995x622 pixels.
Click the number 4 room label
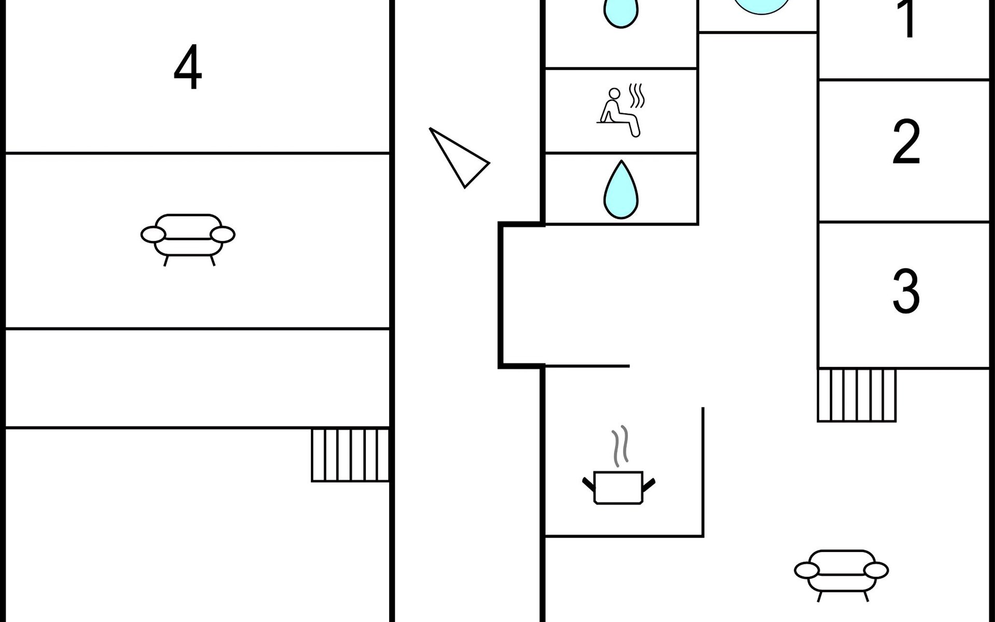click(188, 67)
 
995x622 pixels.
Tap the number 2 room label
click(906, 142)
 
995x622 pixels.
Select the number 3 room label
click(906, 291)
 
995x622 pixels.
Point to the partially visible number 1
click(907, 18)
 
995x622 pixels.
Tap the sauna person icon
click(619, 111)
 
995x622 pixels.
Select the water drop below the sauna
click(621, 190)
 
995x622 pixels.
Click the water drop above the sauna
click(621, 13)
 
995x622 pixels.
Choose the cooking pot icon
click(618, 487)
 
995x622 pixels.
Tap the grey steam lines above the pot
click(620, 445)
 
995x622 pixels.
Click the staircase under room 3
click(857, 395)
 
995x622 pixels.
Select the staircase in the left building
click(350, 455)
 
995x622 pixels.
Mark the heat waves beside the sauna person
click(636, 95)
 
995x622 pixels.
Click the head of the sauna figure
click(614, 94)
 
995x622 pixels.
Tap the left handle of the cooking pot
click(588, 484)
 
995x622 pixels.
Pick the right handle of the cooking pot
click(649, 484)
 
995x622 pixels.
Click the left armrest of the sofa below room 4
click(153, 235)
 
